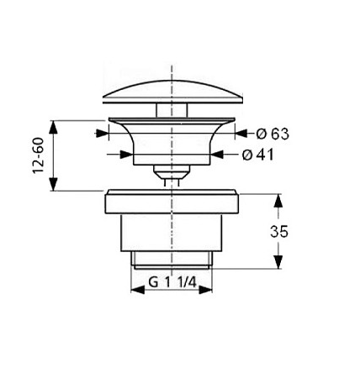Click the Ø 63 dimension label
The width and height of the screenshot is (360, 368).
(273, 134)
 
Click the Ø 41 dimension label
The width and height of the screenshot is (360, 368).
(257, 155)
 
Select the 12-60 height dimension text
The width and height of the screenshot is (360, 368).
(39, 155)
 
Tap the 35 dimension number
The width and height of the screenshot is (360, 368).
(279, 232)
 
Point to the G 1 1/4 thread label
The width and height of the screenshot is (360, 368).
(172, 282)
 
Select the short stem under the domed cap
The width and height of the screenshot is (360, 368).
(172, 110)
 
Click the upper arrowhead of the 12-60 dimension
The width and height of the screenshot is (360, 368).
(54, 128)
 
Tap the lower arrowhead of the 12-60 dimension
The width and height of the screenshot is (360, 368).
(54, 184)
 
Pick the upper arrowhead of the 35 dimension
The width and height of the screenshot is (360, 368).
(278, 201)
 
